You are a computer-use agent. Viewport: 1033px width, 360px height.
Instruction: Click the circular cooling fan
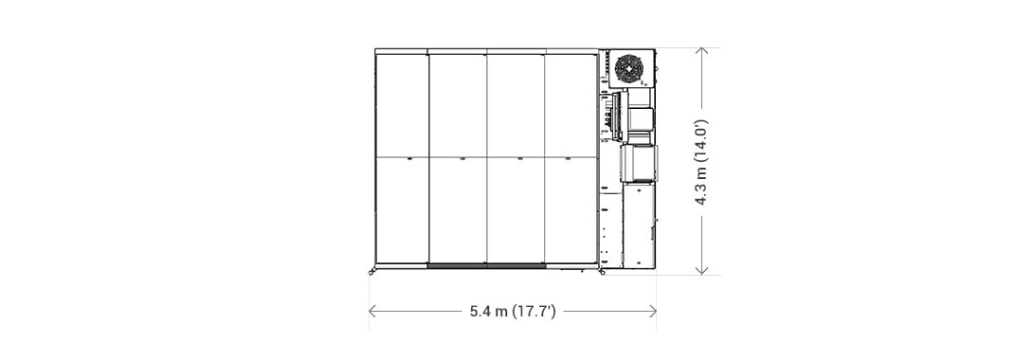pyautogui.click(x=628, y=68)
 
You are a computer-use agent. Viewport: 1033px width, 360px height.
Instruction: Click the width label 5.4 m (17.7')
pyautogui.click(x=513, y=312)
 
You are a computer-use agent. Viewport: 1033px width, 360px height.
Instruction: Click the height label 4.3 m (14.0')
pyautogui.click(x=701, y=162)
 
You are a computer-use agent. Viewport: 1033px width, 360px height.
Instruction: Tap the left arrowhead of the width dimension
pyautogui.click(x=372, y=312)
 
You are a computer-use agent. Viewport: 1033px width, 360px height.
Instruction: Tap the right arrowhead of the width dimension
pyautogui.click(x=653, y=312)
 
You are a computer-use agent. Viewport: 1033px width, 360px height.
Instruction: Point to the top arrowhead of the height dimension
pyautogui.click(x=701, y=51)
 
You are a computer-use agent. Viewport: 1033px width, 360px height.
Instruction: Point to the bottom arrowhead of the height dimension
pyautogui.click(x=701, y=270)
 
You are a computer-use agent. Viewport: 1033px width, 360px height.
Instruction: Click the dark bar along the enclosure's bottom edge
pyautogui.click(x=487, y=266)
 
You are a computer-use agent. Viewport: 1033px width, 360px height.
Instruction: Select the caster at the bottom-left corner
pyautogui.click(x=372, y=270)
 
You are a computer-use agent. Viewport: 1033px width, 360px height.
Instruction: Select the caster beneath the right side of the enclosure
pyautogui.click(x=602, y=271)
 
